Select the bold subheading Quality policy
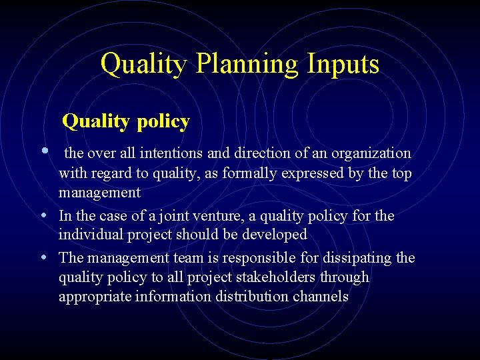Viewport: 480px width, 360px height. (126, 121)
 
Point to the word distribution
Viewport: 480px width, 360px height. (252, 296)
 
